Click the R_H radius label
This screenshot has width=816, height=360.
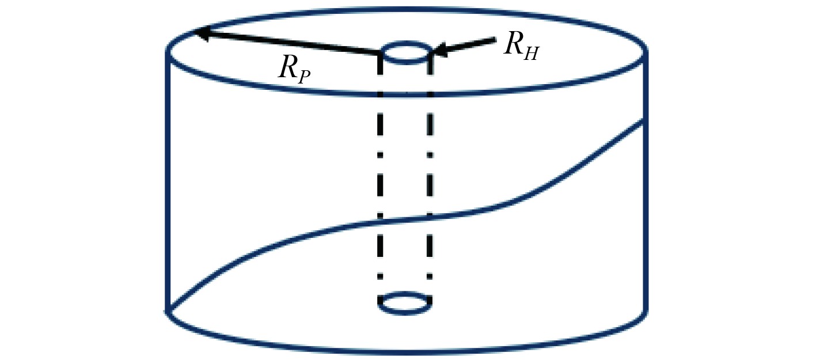[522, 45]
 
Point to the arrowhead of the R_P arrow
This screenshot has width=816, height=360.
[200, 33]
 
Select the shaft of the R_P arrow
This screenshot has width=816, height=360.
[288, 44]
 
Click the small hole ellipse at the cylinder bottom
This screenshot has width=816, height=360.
[405, 304]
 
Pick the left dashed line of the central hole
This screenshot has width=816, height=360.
[381, 173]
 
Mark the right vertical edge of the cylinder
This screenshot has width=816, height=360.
[645, 202]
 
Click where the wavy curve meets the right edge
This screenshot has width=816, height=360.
[644, 120]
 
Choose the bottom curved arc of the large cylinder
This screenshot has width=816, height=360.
[406, 351]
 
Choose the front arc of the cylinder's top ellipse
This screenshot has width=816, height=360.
[406, 93]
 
